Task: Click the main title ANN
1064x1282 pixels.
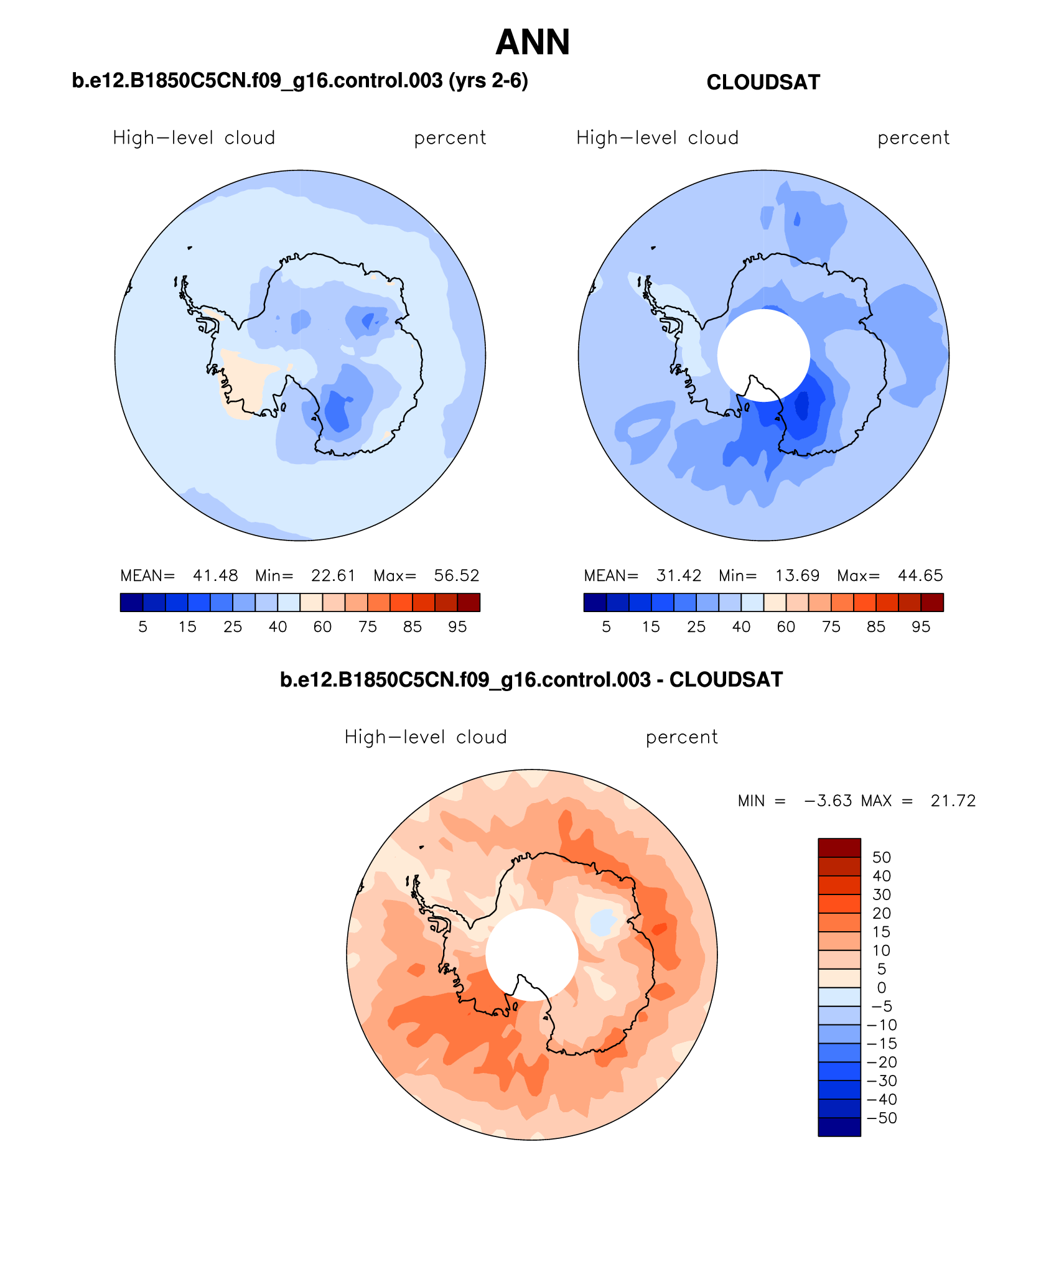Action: coord(533,42)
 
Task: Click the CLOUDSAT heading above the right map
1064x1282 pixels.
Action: coord(763,82)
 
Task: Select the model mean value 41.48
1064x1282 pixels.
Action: coord(215,575)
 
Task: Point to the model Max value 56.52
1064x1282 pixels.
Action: coord(457,575)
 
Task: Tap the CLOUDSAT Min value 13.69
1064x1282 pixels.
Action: coord(797,575)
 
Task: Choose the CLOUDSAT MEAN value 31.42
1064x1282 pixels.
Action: coord(679,575)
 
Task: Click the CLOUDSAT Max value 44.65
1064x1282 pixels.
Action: coord(920,575)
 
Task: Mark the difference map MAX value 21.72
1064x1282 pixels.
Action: coord(953,801)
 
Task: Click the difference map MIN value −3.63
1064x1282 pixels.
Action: coord(828,801)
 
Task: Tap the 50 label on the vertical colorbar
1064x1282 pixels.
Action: coord(881,857)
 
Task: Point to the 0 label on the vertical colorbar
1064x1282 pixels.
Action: coord(881,988)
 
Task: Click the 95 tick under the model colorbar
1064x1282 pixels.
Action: coord(457,627)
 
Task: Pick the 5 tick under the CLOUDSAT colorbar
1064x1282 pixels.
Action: coord(606,627)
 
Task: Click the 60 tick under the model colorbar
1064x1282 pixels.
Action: coord(322,627)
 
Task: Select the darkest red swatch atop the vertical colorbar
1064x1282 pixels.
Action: coord(839,848)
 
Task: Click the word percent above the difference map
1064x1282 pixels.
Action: coord(681,737)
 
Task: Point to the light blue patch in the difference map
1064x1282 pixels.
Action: coord(602,922)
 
